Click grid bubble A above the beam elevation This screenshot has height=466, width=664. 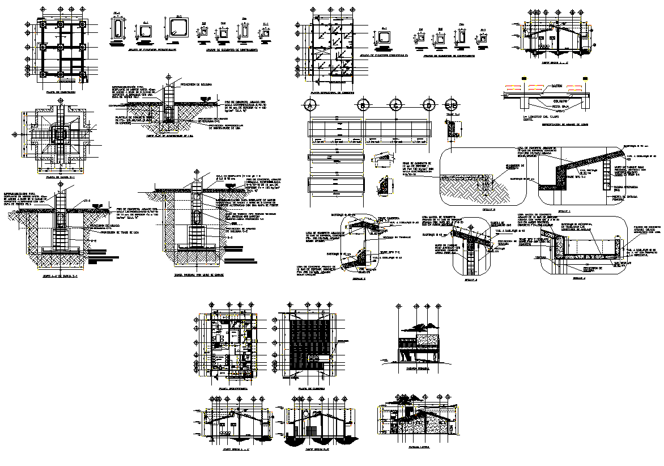(x=309, y=105)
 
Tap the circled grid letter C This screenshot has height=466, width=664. (x=396, y=105)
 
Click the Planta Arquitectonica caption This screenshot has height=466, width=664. (x=231, y=388)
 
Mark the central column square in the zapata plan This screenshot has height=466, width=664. (x=59, y=135)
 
